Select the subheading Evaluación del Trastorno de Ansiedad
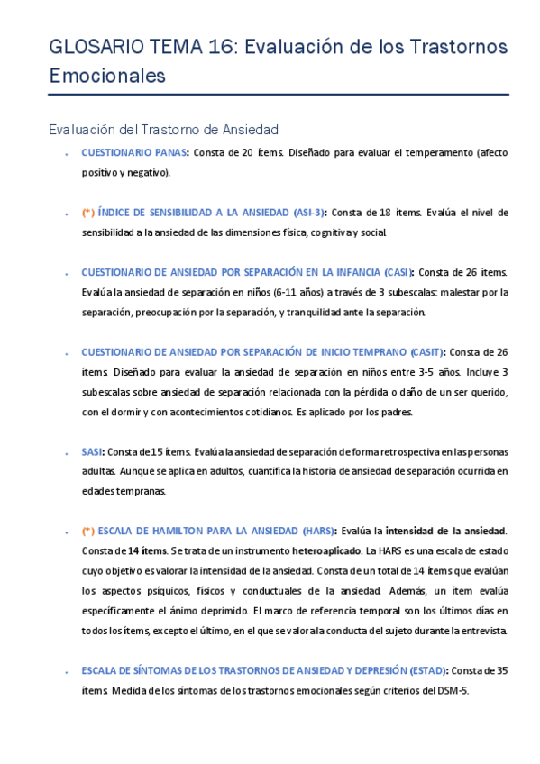163,131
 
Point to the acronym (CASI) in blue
394,272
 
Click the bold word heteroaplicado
325,550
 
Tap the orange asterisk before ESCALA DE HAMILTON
87,530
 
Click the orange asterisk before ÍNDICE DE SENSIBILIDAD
87,213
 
